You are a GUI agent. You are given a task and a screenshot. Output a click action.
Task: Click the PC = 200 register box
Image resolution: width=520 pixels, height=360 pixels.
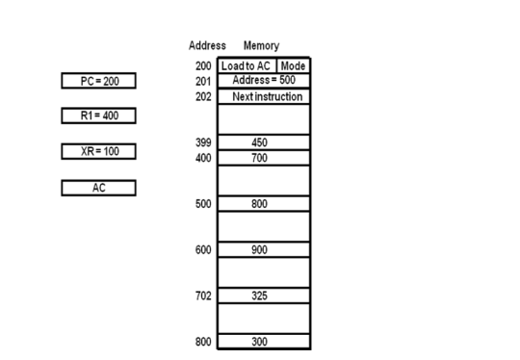[x=98, y=81]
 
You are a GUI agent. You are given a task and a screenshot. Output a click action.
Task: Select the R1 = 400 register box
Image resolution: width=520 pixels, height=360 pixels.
[x=98, y=116]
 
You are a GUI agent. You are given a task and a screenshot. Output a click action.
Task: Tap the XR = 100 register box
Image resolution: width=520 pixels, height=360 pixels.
[x=98, y=151]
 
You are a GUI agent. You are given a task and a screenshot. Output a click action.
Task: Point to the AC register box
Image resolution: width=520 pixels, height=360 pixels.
[x=98, y=187]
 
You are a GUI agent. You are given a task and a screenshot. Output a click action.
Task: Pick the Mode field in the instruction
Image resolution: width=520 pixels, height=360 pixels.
[x=293, y=65]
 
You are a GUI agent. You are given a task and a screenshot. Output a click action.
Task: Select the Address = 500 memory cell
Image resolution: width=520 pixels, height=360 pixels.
[x=264, y=81]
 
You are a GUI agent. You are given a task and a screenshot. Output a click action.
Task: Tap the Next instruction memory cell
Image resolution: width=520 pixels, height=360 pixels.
[x=264, y=97]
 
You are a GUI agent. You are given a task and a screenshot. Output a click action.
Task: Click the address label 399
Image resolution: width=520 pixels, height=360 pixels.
[x=202, y=142]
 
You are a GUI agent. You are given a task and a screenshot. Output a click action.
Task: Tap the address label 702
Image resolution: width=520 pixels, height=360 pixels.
[x=202, y=296]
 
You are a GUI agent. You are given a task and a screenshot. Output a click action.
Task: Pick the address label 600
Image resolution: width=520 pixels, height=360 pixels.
[x=202, y=249]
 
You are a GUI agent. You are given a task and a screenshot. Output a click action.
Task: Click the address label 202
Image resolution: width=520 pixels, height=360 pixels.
[x=202, y=97]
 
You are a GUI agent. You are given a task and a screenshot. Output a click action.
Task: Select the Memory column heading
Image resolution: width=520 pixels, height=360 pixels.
[x=261, y=45]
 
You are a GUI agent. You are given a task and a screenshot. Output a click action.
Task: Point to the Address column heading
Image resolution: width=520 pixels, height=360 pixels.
[x=208, y=45]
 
